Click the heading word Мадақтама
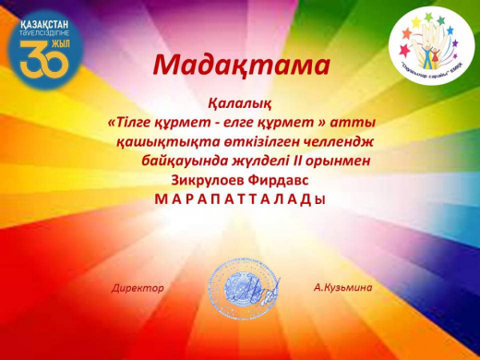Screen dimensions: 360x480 pyautogui.click(x=240, y=65)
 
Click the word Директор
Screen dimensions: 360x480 pyautogui.click(x=138, y=288)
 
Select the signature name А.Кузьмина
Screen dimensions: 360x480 pyautogui.click(x=343, y=288)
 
